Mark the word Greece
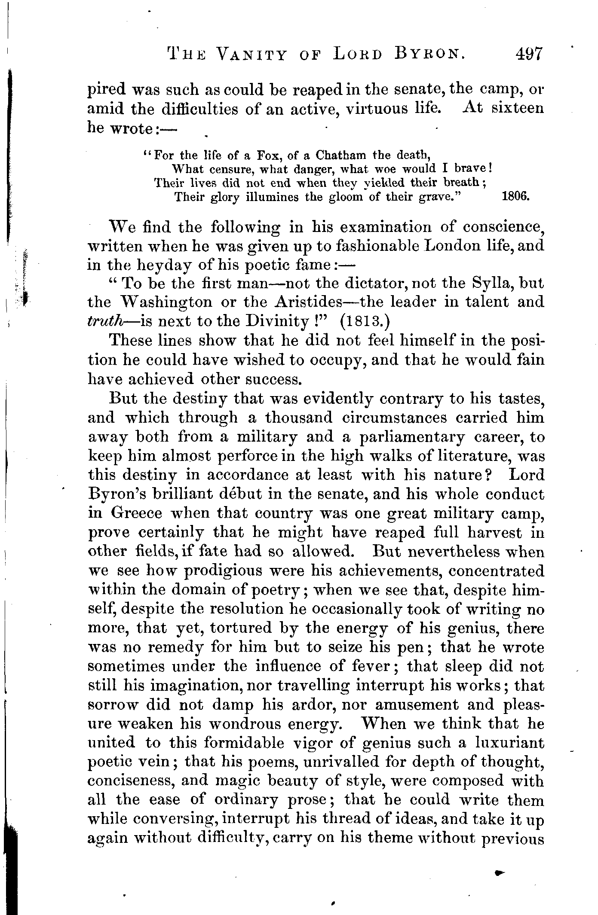(x=137, y=513)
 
